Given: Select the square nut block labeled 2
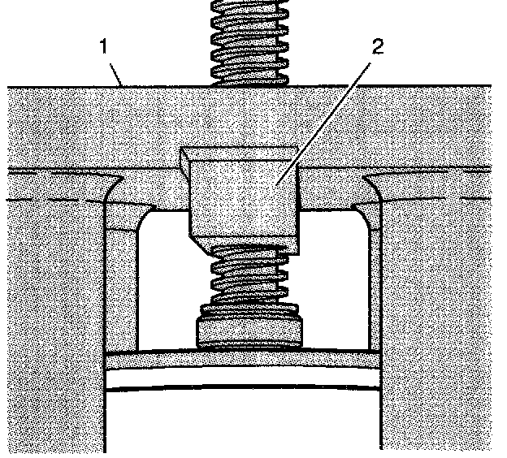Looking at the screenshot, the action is (x=244, y=195).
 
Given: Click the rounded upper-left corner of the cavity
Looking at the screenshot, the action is (x=145, y=218).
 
